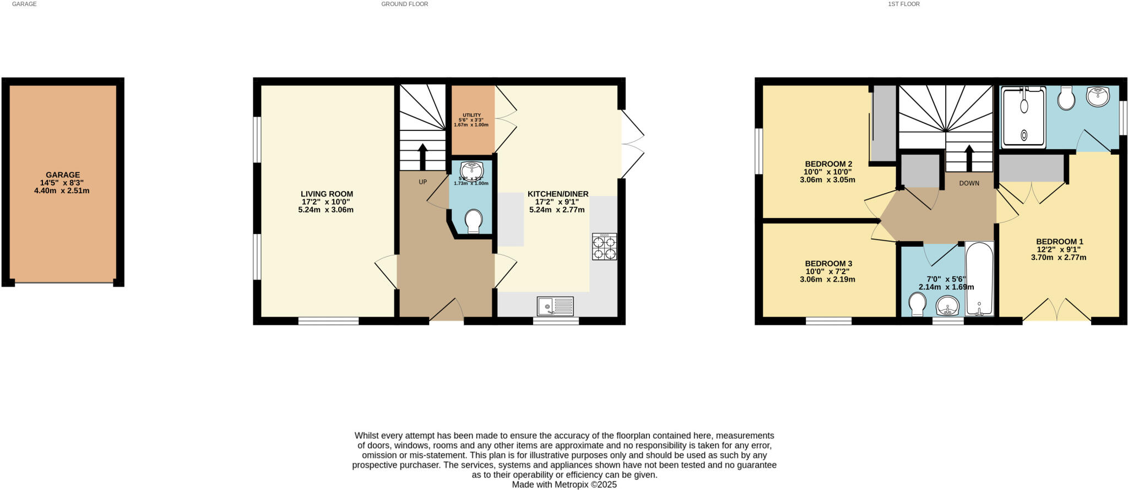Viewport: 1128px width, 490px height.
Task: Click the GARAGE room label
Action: pos(63,175)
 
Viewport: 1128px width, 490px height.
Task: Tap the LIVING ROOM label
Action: pos(327,194)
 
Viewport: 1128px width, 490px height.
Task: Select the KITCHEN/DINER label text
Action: pos(557,194)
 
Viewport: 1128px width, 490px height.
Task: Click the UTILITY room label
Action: pos(471,115)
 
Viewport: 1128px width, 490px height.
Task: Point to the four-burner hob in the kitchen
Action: pos(604,246)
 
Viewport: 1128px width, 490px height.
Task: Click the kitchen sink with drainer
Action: pos(555,306)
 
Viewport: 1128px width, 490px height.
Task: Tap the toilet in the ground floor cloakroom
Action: pos(473,221)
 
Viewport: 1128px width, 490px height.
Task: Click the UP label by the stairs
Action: pos(422,182)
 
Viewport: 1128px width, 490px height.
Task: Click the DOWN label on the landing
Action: pos(969,183)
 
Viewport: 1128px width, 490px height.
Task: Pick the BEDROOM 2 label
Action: pos(828,164)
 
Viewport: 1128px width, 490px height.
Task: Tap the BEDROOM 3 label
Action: pos(828,264)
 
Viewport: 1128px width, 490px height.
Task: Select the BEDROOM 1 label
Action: pos(1059,242)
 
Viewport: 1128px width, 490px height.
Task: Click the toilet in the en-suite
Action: pos(1067,99)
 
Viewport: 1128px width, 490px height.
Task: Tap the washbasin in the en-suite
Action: pos(1098,97)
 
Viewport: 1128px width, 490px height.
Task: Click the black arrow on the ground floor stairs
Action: pos(422,156)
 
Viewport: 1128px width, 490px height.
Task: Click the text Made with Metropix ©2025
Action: pos(564,485)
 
